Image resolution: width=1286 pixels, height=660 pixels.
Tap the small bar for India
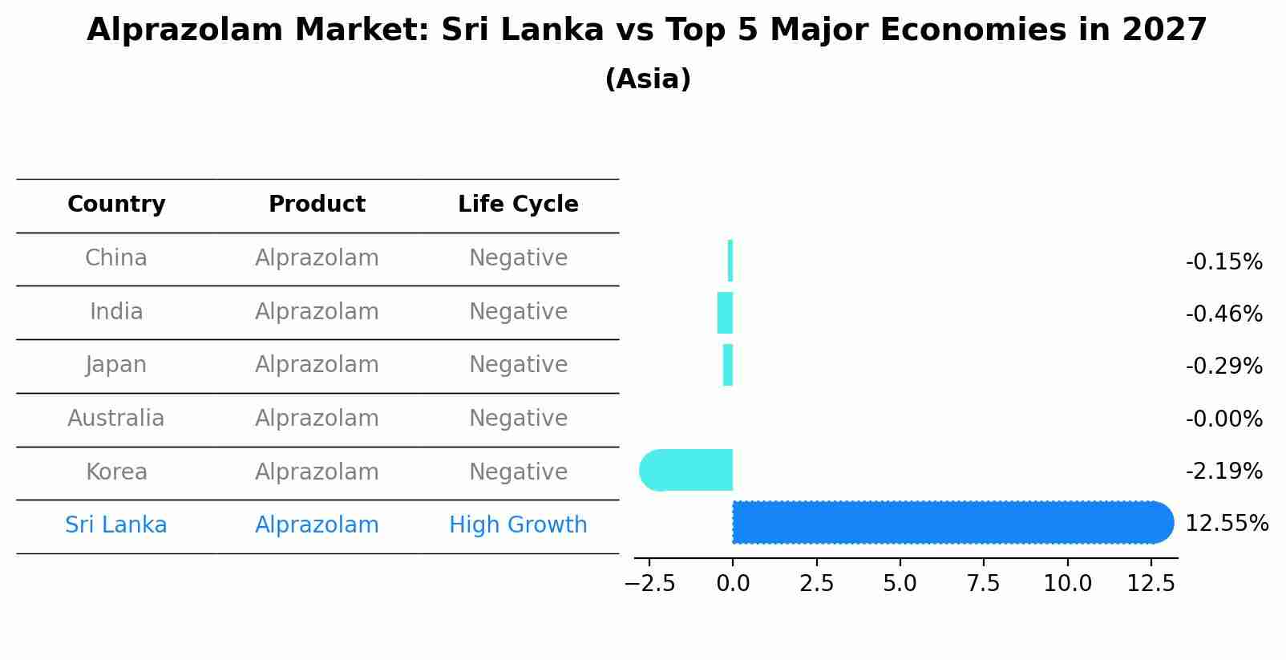(x=725, y=313)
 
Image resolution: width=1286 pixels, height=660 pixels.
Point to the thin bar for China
(x=730, y=261)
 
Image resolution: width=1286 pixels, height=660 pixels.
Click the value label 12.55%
(x=1227, y=524)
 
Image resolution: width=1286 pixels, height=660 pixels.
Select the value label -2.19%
(x=1223, y=472)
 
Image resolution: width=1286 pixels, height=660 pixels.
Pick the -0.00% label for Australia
(x=1223, y=419)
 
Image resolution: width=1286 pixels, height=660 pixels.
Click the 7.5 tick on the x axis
(x=984, y=584)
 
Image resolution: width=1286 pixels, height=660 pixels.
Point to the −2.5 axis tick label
(x=649, y=584)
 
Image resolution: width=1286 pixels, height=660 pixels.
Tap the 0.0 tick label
(x=733, y=584)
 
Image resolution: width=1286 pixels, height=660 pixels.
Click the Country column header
(x=116, y=204)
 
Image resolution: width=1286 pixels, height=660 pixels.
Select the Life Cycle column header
(x=518, y=204)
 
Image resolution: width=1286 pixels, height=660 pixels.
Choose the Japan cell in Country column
(x=116, y=365)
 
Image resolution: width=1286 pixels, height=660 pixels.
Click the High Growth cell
(x=518, y=525)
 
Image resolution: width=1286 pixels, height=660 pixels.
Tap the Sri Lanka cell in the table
(x=116, y=525)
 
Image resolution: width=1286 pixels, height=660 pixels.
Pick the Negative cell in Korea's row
(x=518, y=472)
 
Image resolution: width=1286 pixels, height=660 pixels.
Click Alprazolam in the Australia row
(x=317, y=419)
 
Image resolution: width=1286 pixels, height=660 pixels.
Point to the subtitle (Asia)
(x=648, y=79)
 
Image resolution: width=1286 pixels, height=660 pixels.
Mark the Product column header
(x=317, y=204)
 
